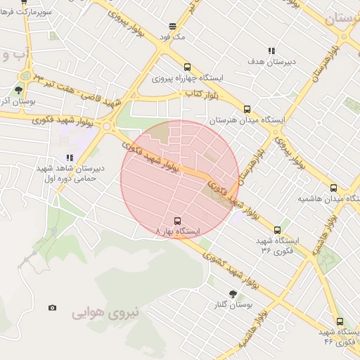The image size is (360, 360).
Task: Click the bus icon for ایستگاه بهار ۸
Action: (x=176, y=219)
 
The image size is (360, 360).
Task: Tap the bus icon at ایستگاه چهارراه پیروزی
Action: (x=187, y=67)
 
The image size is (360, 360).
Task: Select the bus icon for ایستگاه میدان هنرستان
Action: (x=247, y=110)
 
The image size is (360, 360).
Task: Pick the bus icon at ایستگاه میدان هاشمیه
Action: (x=333, y=188)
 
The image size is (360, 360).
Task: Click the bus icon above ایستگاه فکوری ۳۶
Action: (x=278, y=230)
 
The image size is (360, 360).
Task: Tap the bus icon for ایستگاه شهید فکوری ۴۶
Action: (x=340, y=321)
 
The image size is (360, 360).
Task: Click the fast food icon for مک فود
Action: (x=172, y=27)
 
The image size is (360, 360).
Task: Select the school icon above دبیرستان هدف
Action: (x=271, y=51)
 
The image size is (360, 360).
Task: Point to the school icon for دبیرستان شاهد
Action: (x=69, y=158)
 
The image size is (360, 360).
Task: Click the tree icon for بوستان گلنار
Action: (x=233, y=294)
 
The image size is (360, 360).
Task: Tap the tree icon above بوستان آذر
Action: (x=18, y=90)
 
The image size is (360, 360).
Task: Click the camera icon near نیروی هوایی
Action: (x=52, y=307)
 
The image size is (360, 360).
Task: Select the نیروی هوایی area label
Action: (x=106, y=310)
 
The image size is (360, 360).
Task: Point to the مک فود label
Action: (x=172, y=37)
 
